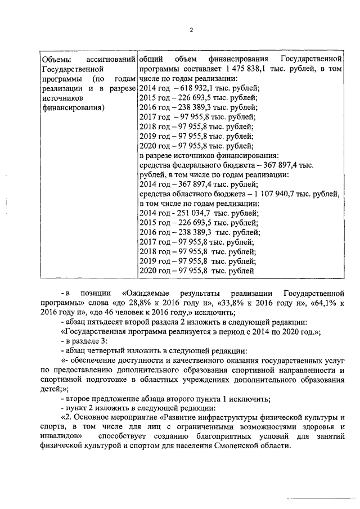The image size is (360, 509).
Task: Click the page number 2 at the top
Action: coord(191,30)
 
